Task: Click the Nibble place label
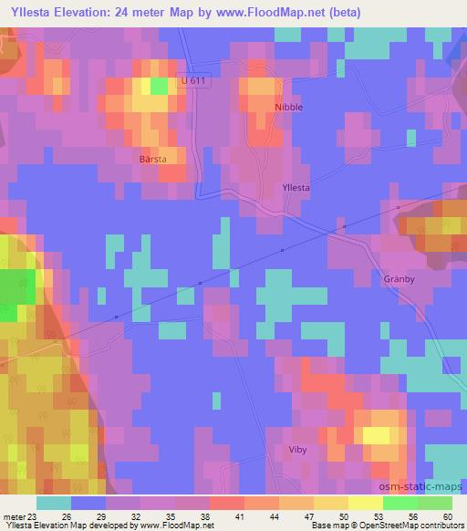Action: pyautogui.click(x=288, y=107)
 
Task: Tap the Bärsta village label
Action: pyautogui.click(x=153, y=157)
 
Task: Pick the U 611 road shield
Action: pyautogui.click(x=190, y=81)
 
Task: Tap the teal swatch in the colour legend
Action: pyautogui.click(x=54, y=503)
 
